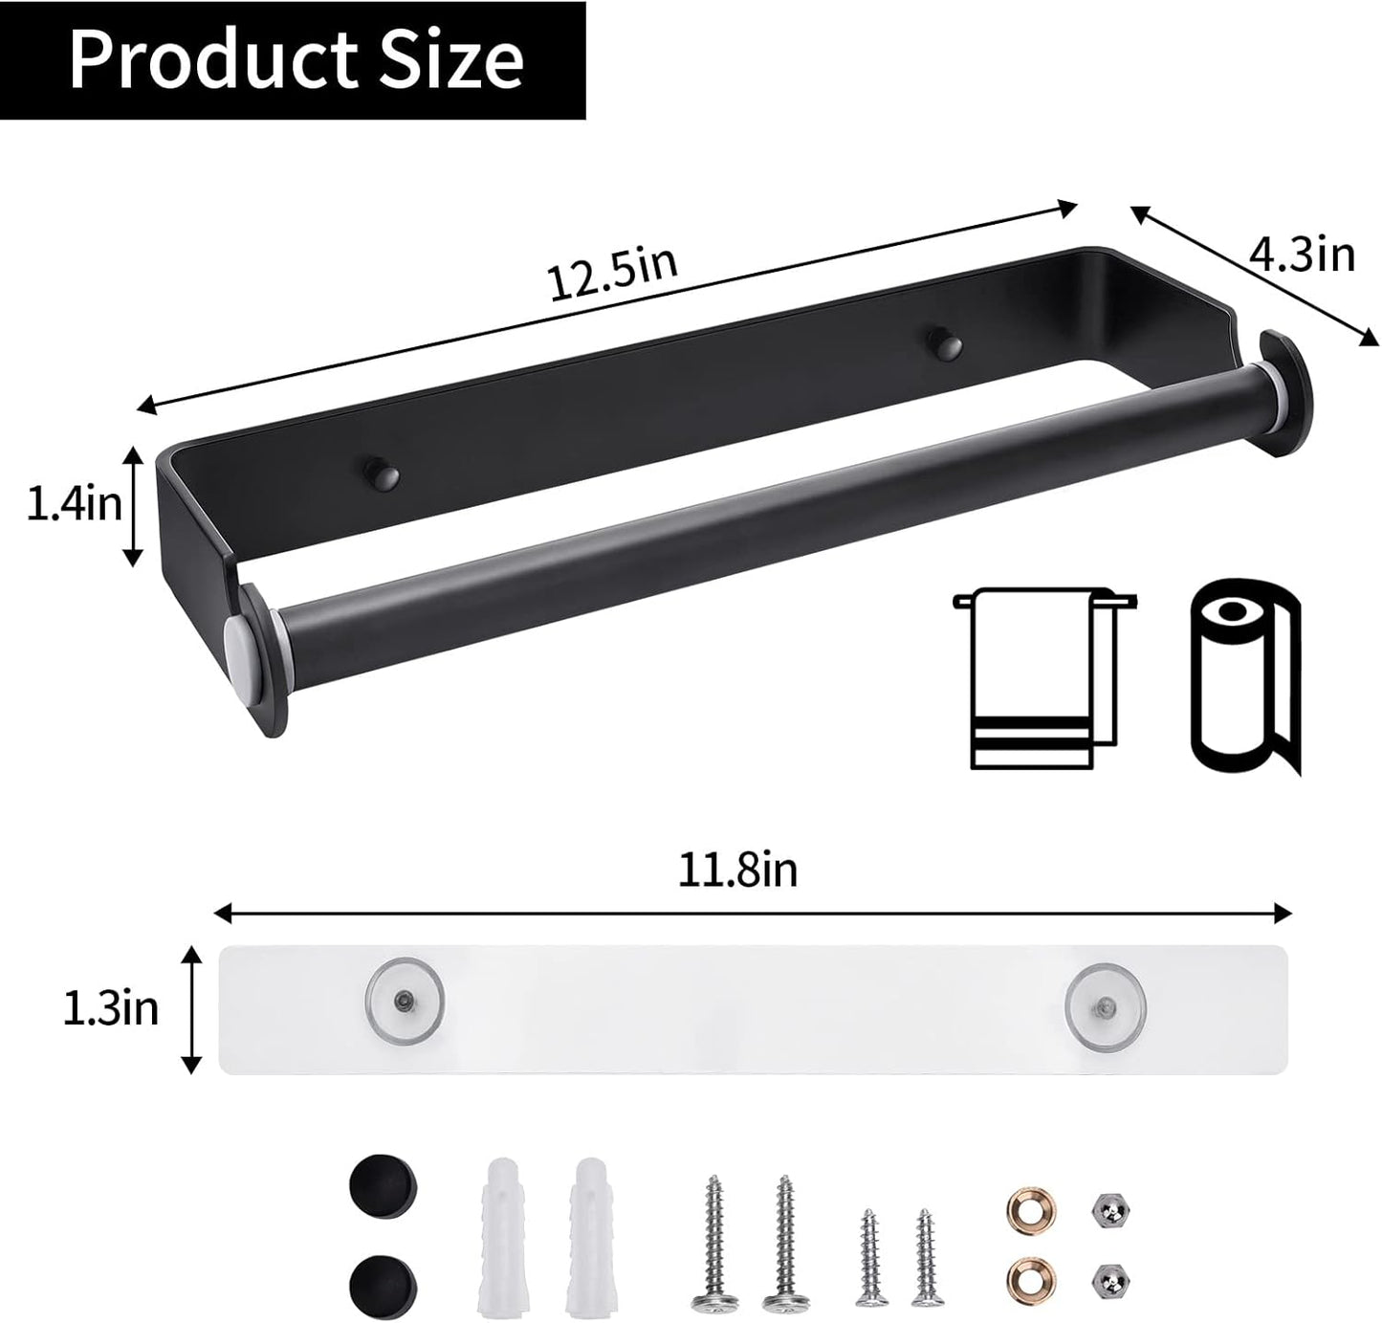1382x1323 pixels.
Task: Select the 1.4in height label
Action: click(75, 504)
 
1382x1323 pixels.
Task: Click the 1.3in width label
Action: click(111, 1008)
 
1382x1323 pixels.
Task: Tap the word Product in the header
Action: click(213, 59)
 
